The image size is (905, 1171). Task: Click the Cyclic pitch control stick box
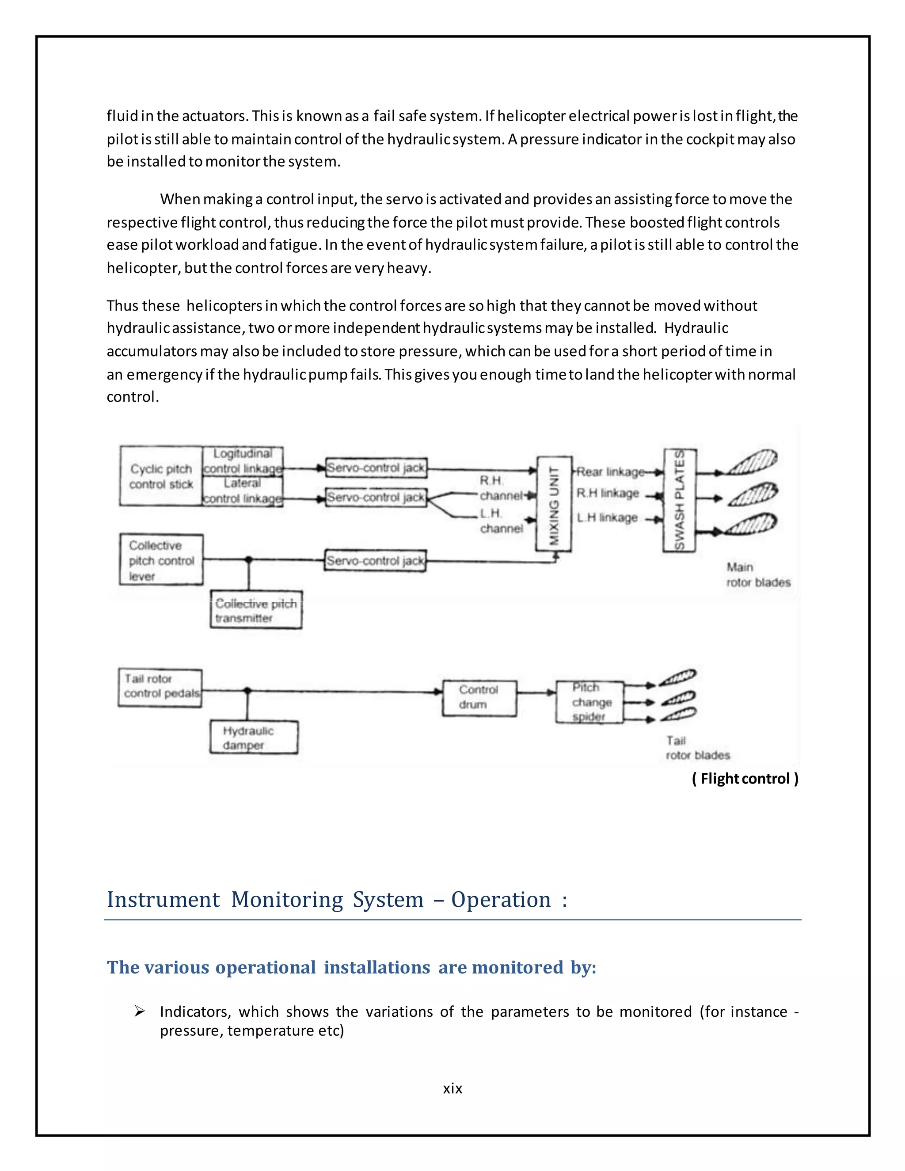161,476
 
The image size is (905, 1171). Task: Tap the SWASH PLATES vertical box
679,501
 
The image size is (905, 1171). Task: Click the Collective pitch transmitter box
256,610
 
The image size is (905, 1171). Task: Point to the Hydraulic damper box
254,738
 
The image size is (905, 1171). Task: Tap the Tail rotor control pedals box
160,688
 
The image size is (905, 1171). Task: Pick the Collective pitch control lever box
161,560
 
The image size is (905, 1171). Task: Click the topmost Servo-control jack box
376,468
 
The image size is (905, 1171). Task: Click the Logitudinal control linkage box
242,461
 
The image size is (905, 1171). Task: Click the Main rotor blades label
757,575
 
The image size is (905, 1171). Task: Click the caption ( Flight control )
745,779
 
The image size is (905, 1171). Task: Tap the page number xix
452,1088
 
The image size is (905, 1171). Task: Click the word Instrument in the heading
163,900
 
